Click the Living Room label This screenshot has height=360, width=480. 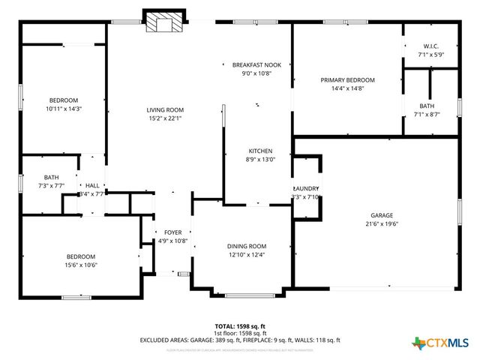(x=165, y=110)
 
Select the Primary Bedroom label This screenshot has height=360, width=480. (x=347, y=80)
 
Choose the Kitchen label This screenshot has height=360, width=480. (x=260, y=151)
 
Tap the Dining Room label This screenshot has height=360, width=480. (x=247, y=247)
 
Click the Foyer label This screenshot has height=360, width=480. (x=172, y=232)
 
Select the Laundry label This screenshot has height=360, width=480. (x=306, y=188)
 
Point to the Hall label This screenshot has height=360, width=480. (x=92, y=185)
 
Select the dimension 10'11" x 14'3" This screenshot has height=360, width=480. (x=64, y=109)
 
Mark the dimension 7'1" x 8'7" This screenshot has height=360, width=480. (x=427, y=114)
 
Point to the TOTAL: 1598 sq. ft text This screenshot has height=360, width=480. (x=240, y=326)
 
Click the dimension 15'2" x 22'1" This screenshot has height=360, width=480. (x=165, y=118)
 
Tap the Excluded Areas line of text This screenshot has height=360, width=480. (x=240, y=340)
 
